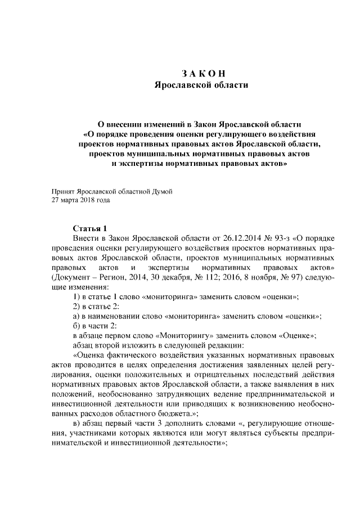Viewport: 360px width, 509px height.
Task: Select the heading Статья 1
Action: pos(90,228)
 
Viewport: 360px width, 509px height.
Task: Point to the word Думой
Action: pos(161,191)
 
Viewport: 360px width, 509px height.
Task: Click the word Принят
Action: pos(62,191)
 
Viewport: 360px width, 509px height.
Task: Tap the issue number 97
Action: pos(295,277)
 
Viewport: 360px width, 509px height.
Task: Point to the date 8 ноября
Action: pos(263,277)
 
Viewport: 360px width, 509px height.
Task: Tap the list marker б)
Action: pos(78,326)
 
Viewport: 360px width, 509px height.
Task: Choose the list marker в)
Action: pos(78,424)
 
